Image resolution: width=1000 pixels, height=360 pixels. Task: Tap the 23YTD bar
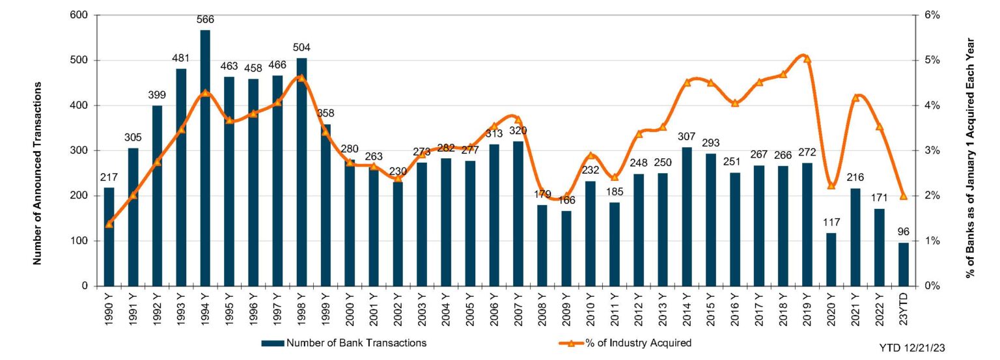(x=903, y=264)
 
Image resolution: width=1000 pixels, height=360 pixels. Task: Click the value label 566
(x=205, y=20)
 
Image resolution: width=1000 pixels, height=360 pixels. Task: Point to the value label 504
(x=301, y=48)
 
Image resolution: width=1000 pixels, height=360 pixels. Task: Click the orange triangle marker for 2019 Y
(x=807, y=59)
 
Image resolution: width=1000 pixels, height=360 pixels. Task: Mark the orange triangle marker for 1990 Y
(x=109, y=224)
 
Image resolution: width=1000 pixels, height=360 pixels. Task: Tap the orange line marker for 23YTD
(x=903, y=196)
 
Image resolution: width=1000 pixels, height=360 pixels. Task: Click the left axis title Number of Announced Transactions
(x=37, y=173)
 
